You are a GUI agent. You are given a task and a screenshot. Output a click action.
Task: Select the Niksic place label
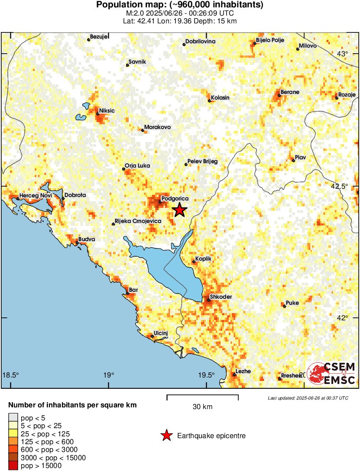click(x=107, y=111)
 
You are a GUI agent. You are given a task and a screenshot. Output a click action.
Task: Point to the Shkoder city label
click(x=221, y=297)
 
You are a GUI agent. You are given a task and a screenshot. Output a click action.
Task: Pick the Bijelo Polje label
click(x=270, y=40)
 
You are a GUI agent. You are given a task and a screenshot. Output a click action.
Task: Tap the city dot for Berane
click(x=279, y=95)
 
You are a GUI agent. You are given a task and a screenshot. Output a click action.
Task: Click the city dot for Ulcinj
click(x=152, y=336)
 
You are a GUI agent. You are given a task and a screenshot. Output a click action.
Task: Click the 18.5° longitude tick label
click(x=11, y=375)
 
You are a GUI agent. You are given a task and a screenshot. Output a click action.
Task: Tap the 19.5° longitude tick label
click(x=206, y=375)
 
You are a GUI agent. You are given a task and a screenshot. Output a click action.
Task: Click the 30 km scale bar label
click(x=202, y=407)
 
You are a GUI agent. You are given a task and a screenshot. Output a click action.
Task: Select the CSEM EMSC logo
click(x=332, y=374)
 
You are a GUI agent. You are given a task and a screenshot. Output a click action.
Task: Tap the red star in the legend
click(x=166, y=436)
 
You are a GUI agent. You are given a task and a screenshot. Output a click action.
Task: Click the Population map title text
click(x=179, y=5)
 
